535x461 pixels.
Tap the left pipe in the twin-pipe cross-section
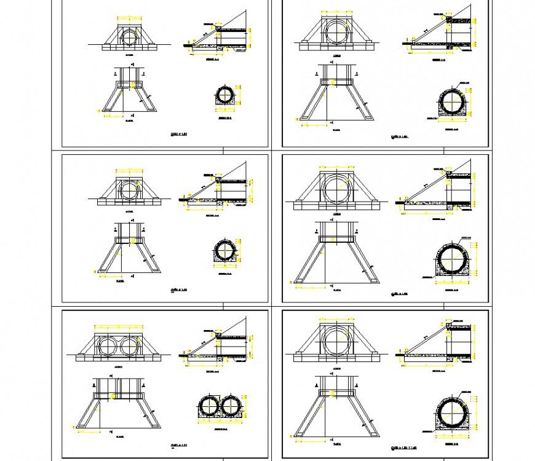pyautogui.click(x=210, y=406)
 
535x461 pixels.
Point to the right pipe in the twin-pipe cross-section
pyautogui.click(x=231, y=406)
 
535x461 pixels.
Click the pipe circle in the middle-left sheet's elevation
pyautogui.click(x=130, y=189)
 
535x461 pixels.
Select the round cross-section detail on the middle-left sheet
pyautogui.click(x=226, y=251)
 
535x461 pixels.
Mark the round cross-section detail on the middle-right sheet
pyautogui.click(x=453, y=261)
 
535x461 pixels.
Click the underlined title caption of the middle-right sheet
pyautogui.click(x=400, y=294)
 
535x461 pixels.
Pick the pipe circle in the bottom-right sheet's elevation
pyautogui.click(x=336, y=341)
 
